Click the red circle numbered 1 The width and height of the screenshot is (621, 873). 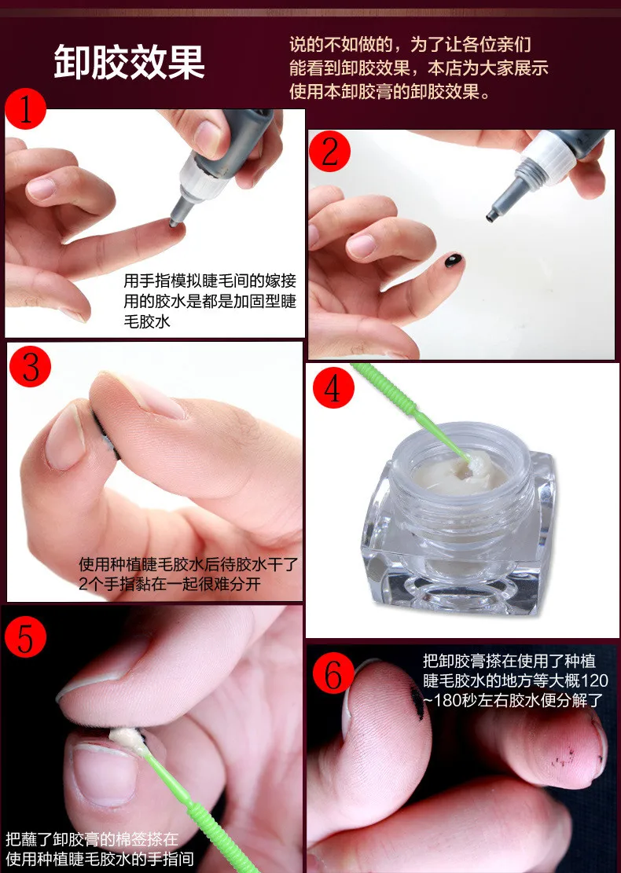(x=26, y=109)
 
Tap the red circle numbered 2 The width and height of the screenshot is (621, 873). (x=329, y=152)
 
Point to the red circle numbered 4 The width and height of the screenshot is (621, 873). (x=333, y=387)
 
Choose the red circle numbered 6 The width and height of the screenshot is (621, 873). (x=333, y=673)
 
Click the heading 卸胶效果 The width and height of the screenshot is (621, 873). (x=129, y=62)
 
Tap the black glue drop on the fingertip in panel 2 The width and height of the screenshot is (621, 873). (x=454, y=260)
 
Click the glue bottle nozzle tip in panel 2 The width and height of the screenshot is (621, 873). (x=491, y=216)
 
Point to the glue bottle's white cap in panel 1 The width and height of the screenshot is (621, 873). (x=200, y=178)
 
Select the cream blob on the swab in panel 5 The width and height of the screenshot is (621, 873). (x=127, y=739)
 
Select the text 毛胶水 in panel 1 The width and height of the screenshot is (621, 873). (x=147, y=321)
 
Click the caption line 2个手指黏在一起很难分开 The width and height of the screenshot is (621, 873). (x=170, y=584)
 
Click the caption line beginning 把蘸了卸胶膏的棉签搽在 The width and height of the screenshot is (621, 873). (x=92, y=838)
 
